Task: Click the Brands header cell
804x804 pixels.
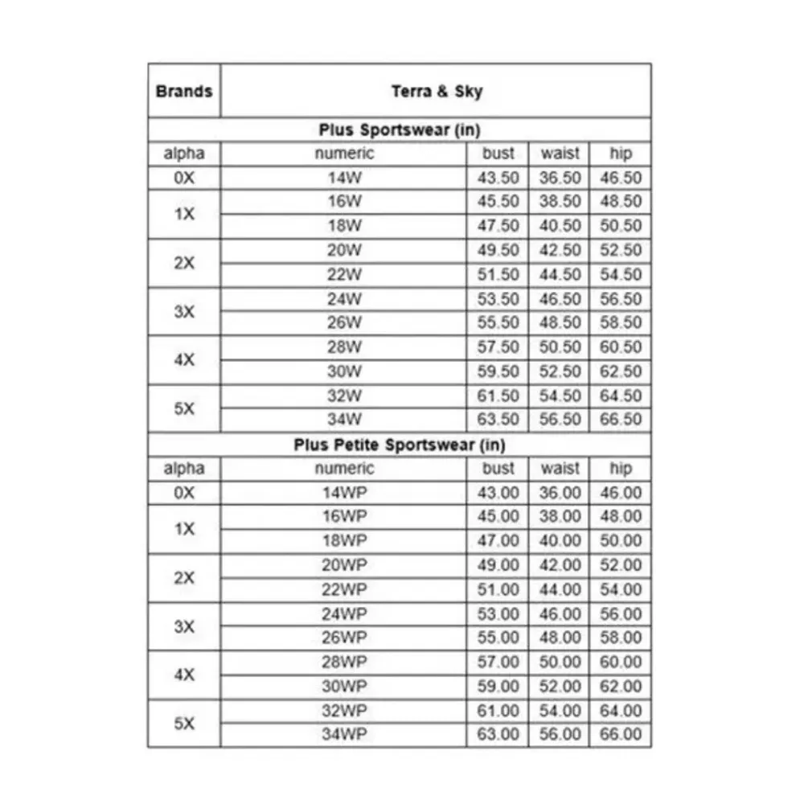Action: coord(184,90)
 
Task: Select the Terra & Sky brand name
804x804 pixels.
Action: coord(437,91)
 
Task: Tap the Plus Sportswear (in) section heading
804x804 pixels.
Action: coord(400,129)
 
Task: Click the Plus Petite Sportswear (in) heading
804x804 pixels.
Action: coord(400,445)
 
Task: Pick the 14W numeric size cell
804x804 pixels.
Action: coord(344,178)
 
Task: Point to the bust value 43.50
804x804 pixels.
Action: coord(498,178)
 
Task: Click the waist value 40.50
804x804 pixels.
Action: coord(560,226)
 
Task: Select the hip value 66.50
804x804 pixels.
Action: coord(621,420)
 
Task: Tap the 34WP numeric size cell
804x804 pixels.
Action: coord(344,734)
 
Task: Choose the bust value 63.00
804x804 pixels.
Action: coord(498,734)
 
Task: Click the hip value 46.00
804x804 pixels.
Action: coord(621,493)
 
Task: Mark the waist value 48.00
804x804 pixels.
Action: coord(560,638)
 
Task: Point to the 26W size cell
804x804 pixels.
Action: coord(344,322)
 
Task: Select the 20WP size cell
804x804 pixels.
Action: coord(344,565)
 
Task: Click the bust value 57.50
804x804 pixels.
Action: coord(498,347)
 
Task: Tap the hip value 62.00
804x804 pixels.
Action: coord(621,687)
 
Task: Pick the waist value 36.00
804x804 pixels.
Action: coord(560,493)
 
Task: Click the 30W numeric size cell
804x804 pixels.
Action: coord(344,371)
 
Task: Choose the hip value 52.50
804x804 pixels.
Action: coord(621,250)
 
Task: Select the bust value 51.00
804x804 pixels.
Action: coord(498,589)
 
